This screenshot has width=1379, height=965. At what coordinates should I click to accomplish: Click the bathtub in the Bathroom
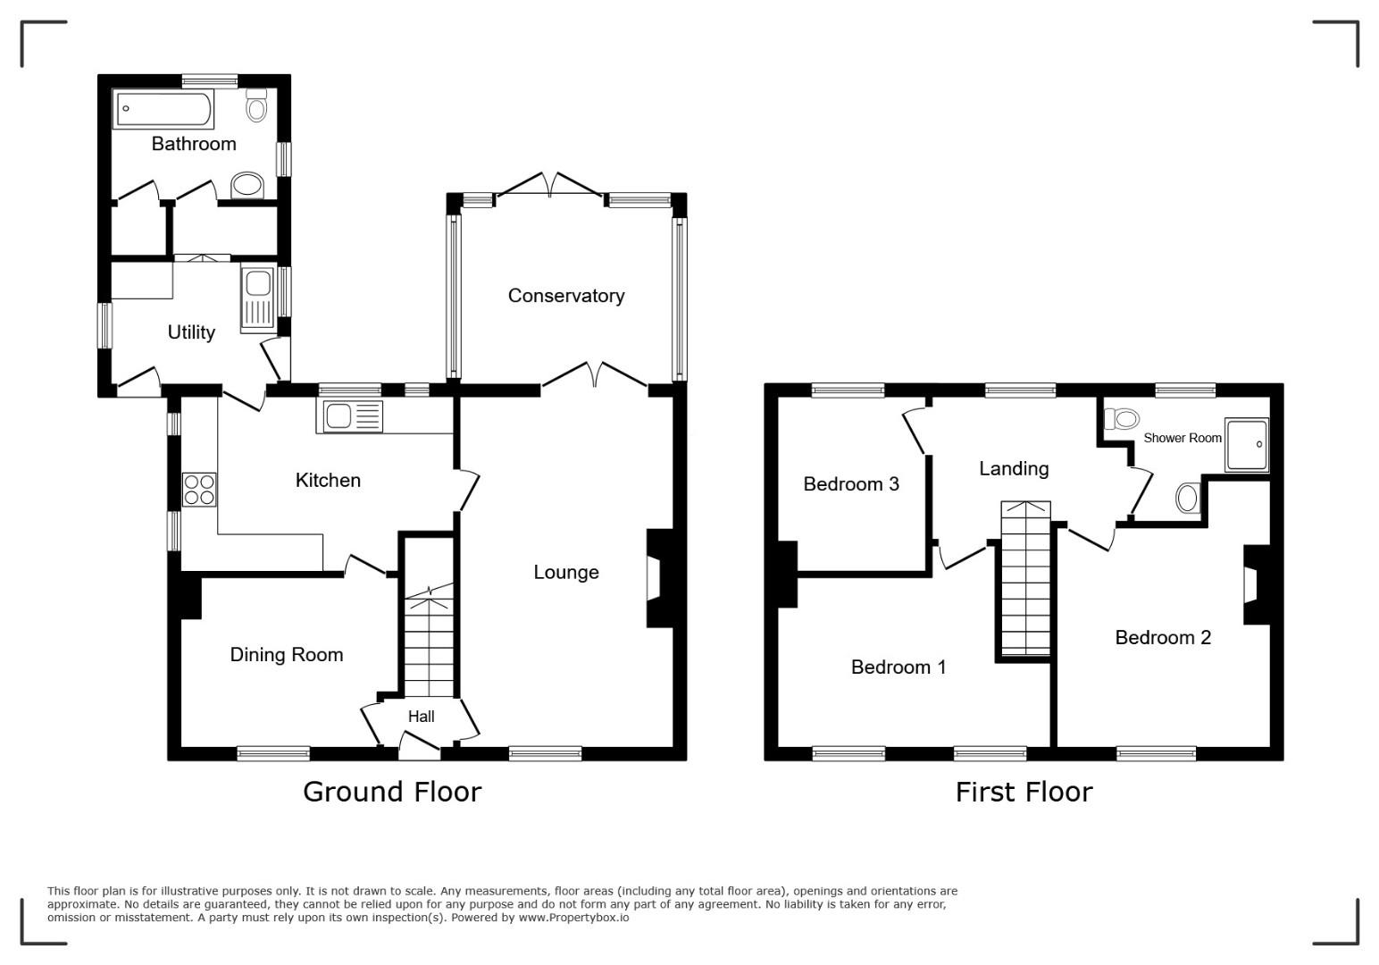(x=163, y=109)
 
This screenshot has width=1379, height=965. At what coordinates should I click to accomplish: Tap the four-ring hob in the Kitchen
(x=199, y=490)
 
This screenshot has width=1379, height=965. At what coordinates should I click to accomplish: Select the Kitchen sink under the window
(x=349, y=417)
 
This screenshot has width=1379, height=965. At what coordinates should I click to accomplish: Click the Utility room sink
(x=259, y=300)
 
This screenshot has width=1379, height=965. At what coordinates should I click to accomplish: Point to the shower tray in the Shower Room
(x=1247, y=445)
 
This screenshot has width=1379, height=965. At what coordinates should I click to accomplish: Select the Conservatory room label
(x=565, y=296)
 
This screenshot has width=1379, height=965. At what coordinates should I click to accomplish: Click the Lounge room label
(x=565, y=572)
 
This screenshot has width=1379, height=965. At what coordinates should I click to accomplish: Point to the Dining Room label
(x=287, y=654)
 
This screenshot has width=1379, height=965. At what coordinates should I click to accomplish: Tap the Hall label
(x=421, y=717)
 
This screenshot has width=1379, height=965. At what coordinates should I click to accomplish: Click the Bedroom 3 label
(x=851, y=484)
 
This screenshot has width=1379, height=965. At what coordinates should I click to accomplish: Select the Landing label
(x=1014, y=468)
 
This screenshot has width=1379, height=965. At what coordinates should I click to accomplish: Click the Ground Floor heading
(x=392, y=792)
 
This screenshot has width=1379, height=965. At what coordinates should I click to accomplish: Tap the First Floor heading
(x=1024, y=792)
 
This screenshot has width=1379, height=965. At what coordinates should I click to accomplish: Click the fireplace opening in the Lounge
(x=653, y=577)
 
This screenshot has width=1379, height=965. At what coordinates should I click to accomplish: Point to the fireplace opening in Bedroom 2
(x=1250, y=584)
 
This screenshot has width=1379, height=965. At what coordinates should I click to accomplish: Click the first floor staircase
(x=1025, y=578)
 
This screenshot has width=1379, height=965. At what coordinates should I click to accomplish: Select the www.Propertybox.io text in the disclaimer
(x=573, y=918)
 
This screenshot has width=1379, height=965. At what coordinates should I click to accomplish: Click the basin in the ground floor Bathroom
(x=247, y=185)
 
